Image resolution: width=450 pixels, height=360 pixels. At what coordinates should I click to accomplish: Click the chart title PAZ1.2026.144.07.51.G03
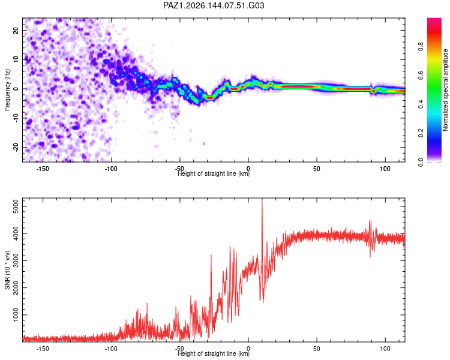pyautogui.click(x=214, y=5)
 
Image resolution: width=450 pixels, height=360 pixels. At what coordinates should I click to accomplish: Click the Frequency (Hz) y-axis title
pyautogui.click(x=7, y=90)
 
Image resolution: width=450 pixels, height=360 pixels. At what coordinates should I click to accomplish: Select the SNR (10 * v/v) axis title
pyautogui.click(x=7, y=270)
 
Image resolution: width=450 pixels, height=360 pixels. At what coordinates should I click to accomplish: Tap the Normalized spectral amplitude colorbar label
pyautogui.click(x=445, y=90)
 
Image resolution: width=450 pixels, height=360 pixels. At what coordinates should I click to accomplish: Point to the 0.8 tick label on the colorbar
pyautogui.click(x=421, y=46)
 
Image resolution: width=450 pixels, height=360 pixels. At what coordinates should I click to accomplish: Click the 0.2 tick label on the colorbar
pyautogui.click(x=421, y=133)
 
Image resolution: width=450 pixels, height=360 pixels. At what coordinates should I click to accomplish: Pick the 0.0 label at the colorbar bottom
pyautogui.click(x=421, y=162)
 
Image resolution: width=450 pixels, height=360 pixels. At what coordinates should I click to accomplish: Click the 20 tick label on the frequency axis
pyautogui.click(x=16, y=30)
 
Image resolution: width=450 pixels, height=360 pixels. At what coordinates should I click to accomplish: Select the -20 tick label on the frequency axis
pyautogui.click(x=16, y=147)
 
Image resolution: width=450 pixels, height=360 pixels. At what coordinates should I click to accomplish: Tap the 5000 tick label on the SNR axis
pyautogui.click(x=16, y=206)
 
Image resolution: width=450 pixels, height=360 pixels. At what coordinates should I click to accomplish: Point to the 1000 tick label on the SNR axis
pyautogui.click(x=16, y=315)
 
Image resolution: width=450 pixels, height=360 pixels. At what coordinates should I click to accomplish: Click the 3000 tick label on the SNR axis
pyautogui.click(x=16, y=260)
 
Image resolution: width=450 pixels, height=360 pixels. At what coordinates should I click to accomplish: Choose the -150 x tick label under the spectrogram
pyautogui.click(x=43, y=169)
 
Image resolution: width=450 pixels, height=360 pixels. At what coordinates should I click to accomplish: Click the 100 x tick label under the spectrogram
pyautogui.click(x=385, y=169)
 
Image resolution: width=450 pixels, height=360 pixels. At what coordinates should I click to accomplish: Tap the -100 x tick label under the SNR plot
pyautogui.click(x=111, y=349)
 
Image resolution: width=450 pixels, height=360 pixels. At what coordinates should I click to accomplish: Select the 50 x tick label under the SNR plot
pyautogui.click(x=317, y=349)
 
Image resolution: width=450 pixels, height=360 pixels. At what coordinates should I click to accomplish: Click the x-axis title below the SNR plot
pyautogui.click(x=214, y=353)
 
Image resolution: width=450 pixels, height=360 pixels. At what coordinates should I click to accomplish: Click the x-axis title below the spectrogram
pyautogui.click(x=214, y=173)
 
